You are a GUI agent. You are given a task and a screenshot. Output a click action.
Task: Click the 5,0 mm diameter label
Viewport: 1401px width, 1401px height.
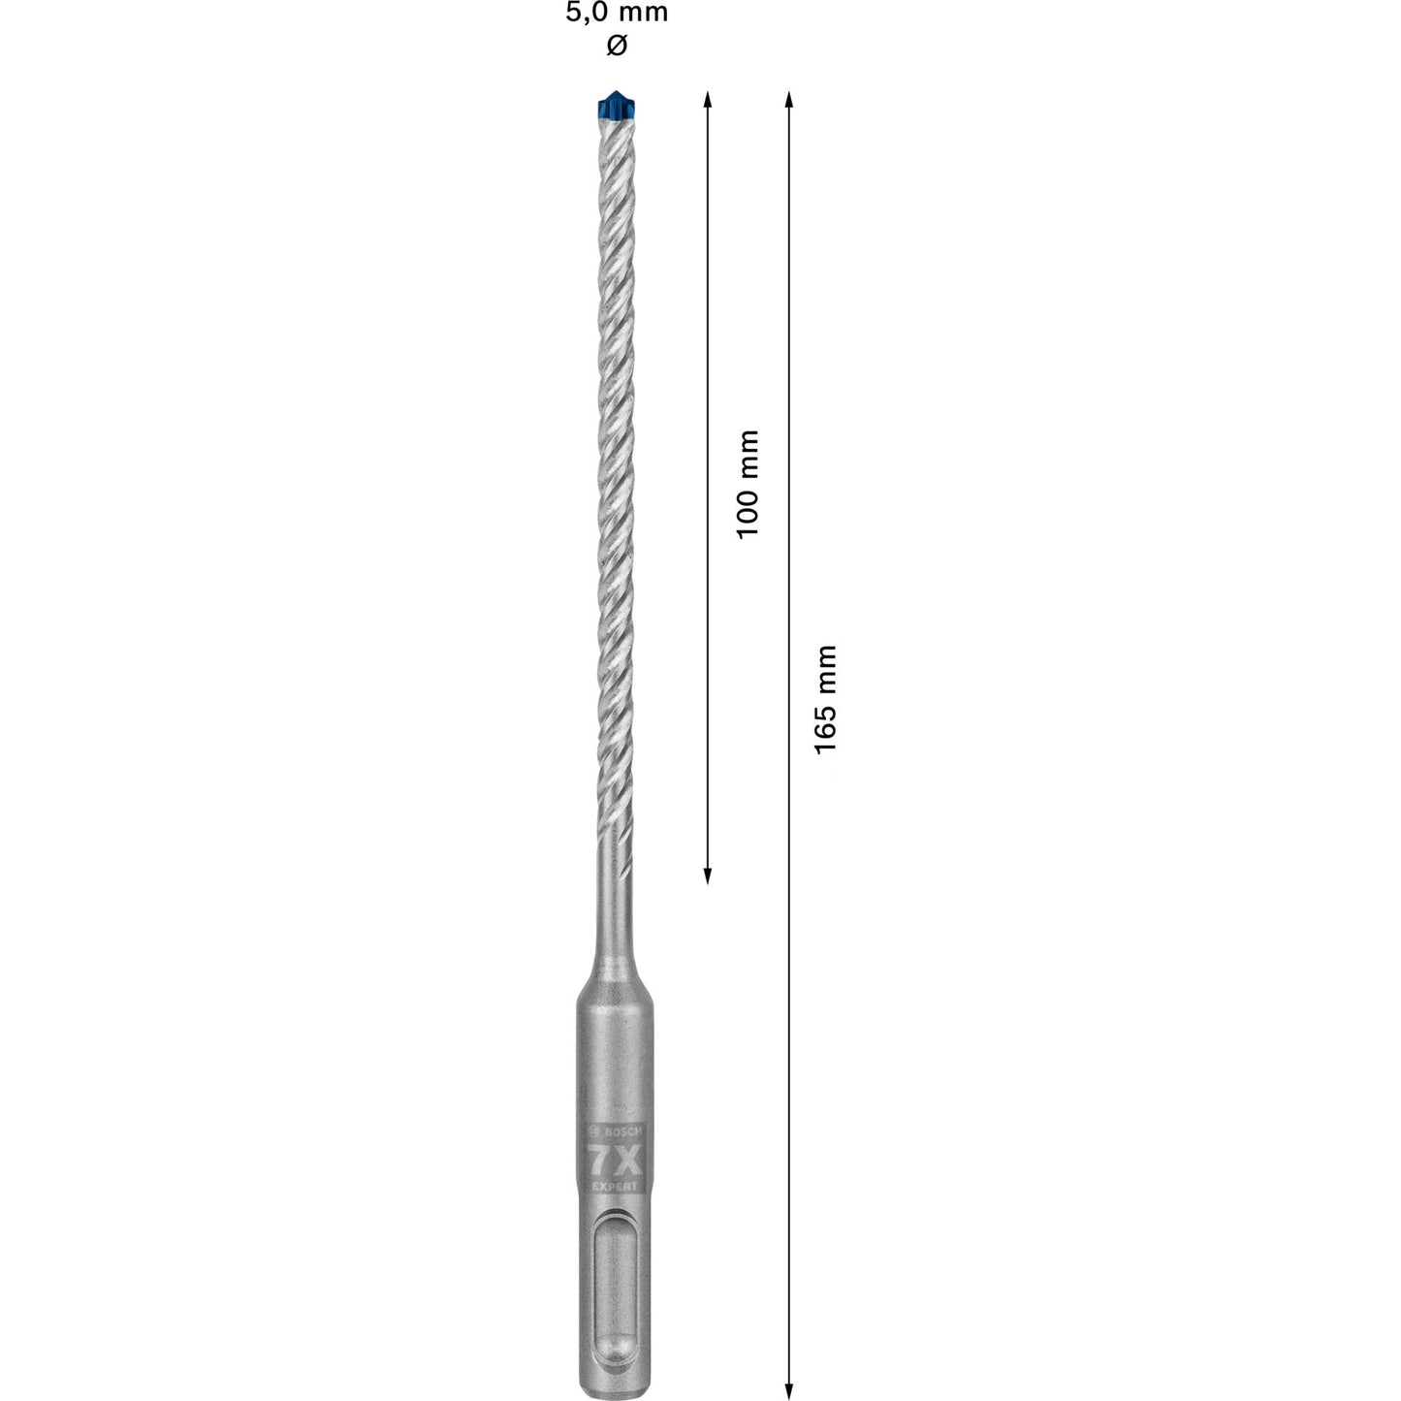click(617, 14)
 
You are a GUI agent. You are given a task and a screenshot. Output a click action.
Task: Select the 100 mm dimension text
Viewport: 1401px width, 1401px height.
click(748, 485)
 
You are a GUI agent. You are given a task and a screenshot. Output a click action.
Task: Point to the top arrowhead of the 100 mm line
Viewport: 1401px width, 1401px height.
click(708, 100)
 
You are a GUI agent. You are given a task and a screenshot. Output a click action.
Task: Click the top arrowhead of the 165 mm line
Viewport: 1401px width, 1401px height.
click(789, 100)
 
